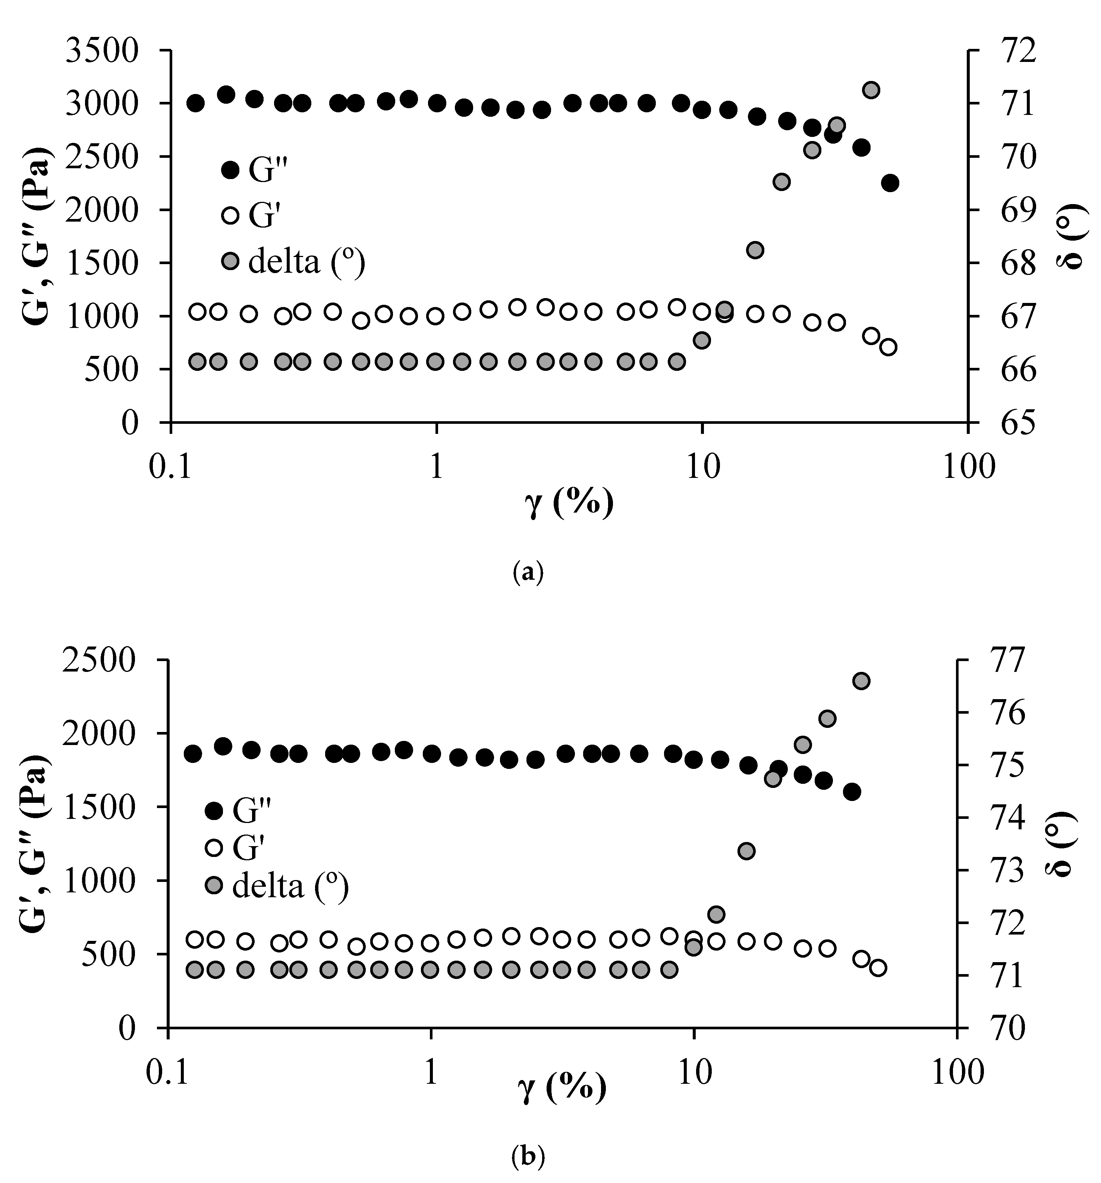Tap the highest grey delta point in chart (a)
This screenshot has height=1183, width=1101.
tap(871, 90)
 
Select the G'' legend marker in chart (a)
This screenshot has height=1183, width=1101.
tap(230, 170)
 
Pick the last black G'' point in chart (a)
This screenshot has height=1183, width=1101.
tap(890, 183)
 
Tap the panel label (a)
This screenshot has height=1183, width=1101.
tap(528, 572)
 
